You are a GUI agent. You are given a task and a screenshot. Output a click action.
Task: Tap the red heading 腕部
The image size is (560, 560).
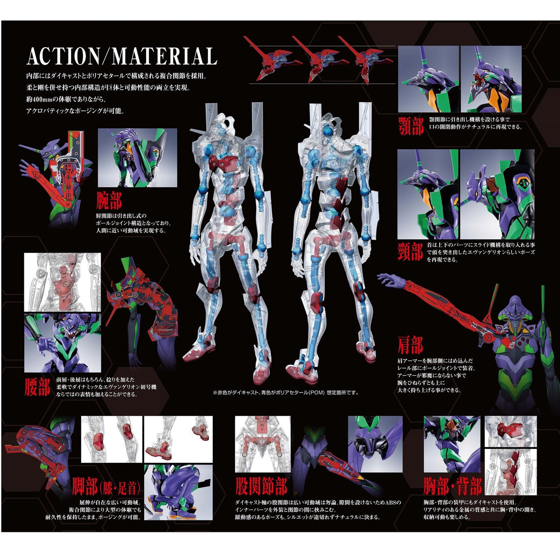click(x=109, y=201)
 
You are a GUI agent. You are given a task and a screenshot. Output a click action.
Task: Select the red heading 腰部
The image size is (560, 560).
click(x=37, y=386)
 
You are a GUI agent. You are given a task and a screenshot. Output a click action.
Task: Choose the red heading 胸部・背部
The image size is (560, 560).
click(x=453, y=486)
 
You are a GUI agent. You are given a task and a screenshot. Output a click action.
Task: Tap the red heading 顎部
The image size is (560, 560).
click(x=411, y=125)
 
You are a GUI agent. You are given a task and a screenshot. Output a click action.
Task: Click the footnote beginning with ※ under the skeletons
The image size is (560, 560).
click(x=286, y=392)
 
